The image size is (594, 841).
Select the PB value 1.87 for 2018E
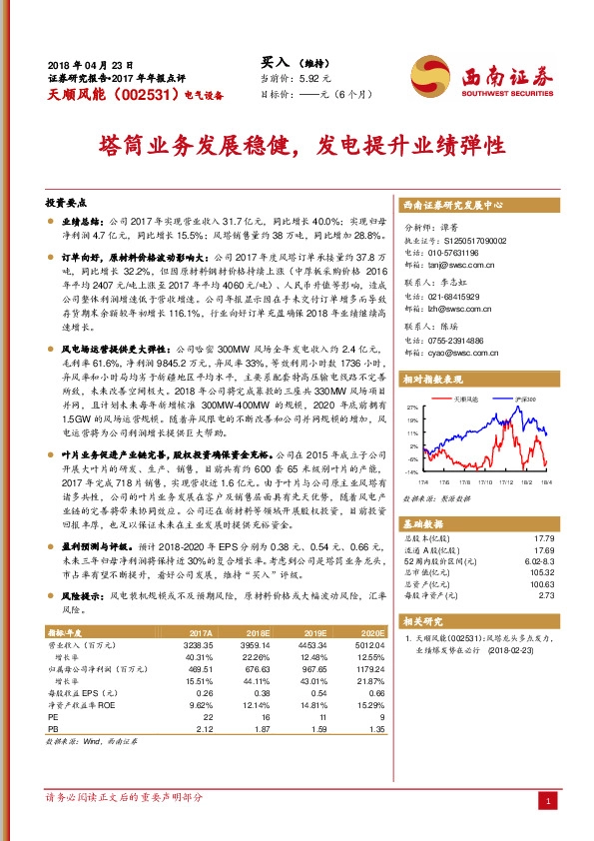259,729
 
